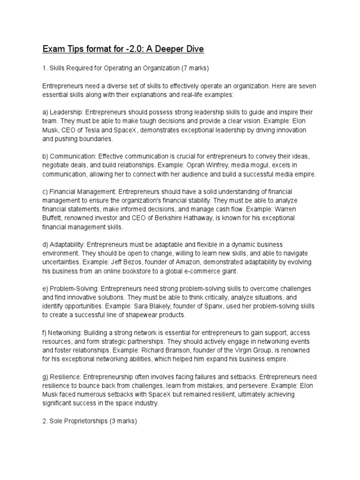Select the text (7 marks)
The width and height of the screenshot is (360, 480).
[x=195, y=68]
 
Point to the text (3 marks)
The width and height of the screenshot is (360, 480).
[x=123, y=421]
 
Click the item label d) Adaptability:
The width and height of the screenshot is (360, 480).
[x=63, y=245]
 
